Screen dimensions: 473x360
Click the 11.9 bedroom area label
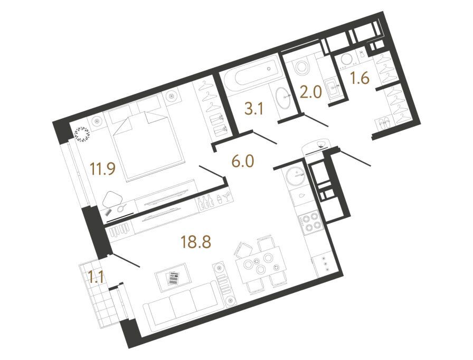[103, 168]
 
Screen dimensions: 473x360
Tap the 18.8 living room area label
[196, 242]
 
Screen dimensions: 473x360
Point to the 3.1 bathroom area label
[254, 109]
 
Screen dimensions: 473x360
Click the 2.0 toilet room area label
[311, 92]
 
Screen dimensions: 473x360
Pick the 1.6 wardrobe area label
[360, 79]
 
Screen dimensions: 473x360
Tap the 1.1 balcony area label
[96, 277]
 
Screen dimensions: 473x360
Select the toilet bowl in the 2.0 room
[302, 68]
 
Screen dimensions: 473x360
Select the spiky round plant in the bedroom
[82, 134]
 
